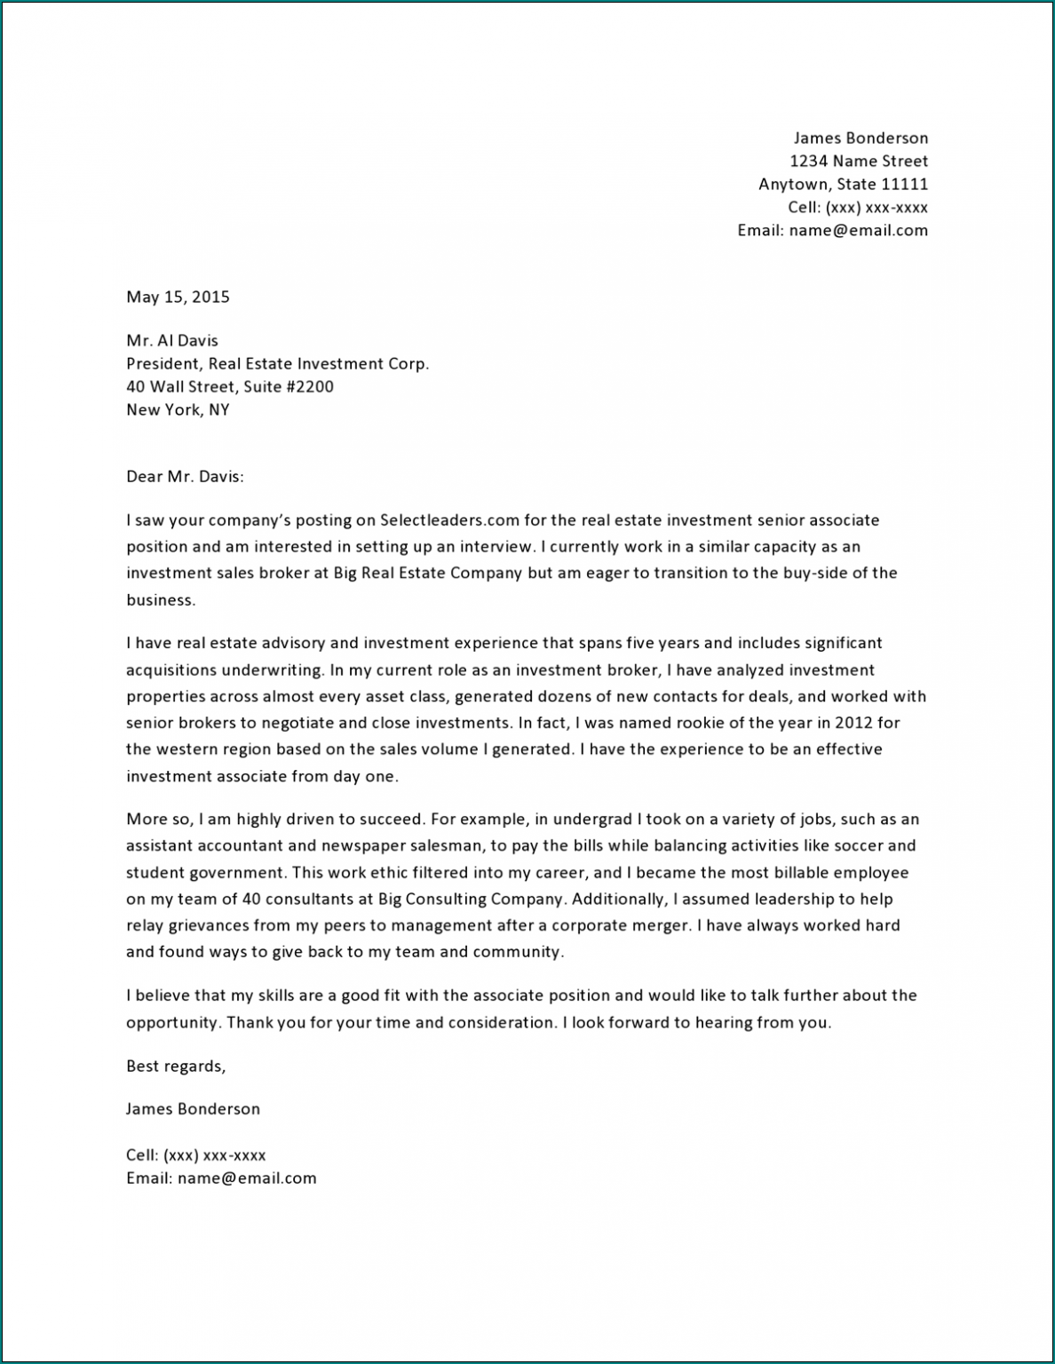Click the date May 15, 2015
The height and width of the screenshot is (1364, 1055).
(x=178, y=297)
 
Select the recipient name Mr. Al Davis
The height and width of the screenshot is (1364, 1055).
(x=171, y=340)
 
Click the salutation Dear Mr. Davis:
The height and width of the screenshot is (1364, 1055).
(x=185, y=476)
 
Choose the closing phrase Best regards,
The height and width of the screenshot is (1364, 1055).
(x=176, y=1066)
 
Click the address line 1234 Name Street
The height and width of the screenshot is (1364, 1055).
(x=859, y=161)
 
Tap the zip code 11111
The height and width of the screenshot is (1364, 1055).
(x=904, y=184)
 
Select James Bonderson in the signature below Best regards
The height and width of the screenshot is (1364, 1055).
(x=193, y=1108)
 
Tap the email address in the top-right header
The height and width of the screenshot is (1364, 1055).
(x=858, y=230)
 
